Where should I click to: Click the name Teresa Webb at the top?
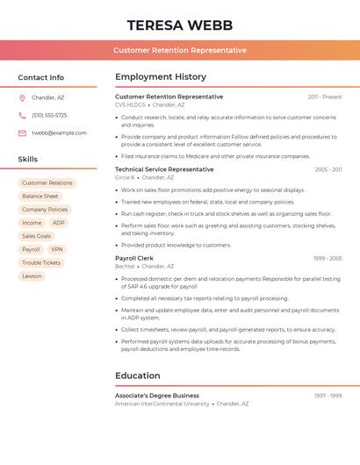[179, 25]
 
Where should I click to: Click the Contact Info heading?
[41, 77]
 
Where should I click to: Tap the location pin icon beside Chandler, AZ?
[22, 97]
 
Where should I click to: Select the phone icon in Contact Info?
[22, 115]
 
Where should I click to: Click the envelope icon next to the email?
[22, 132]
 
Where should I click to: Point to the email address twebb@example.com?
[59, 132]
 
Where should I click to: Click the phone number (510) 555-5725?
[49, 115]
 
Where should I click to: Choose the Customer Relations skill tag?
[47, 183]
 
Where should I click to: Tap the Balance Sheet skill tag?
[40, 197]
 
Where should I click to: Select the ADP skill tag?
[59, 223]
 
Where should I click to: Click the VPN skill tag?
[56, 249]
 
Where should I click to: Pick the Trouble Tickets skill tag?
[41, 262]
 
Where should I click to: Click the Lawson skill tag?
[32, 275]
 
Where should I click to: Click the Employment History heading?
[161, 77]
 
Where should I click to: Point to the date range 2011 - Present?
[325, 97]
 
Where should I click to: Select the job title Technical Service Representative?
[164, 168]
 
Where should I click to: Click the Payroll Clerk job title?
[134, 258]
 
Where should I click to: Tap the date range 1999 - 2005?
[328, 259]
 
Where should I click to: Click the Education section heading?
[138, 376]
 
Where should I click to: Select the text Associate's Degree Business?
[157, 395]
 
